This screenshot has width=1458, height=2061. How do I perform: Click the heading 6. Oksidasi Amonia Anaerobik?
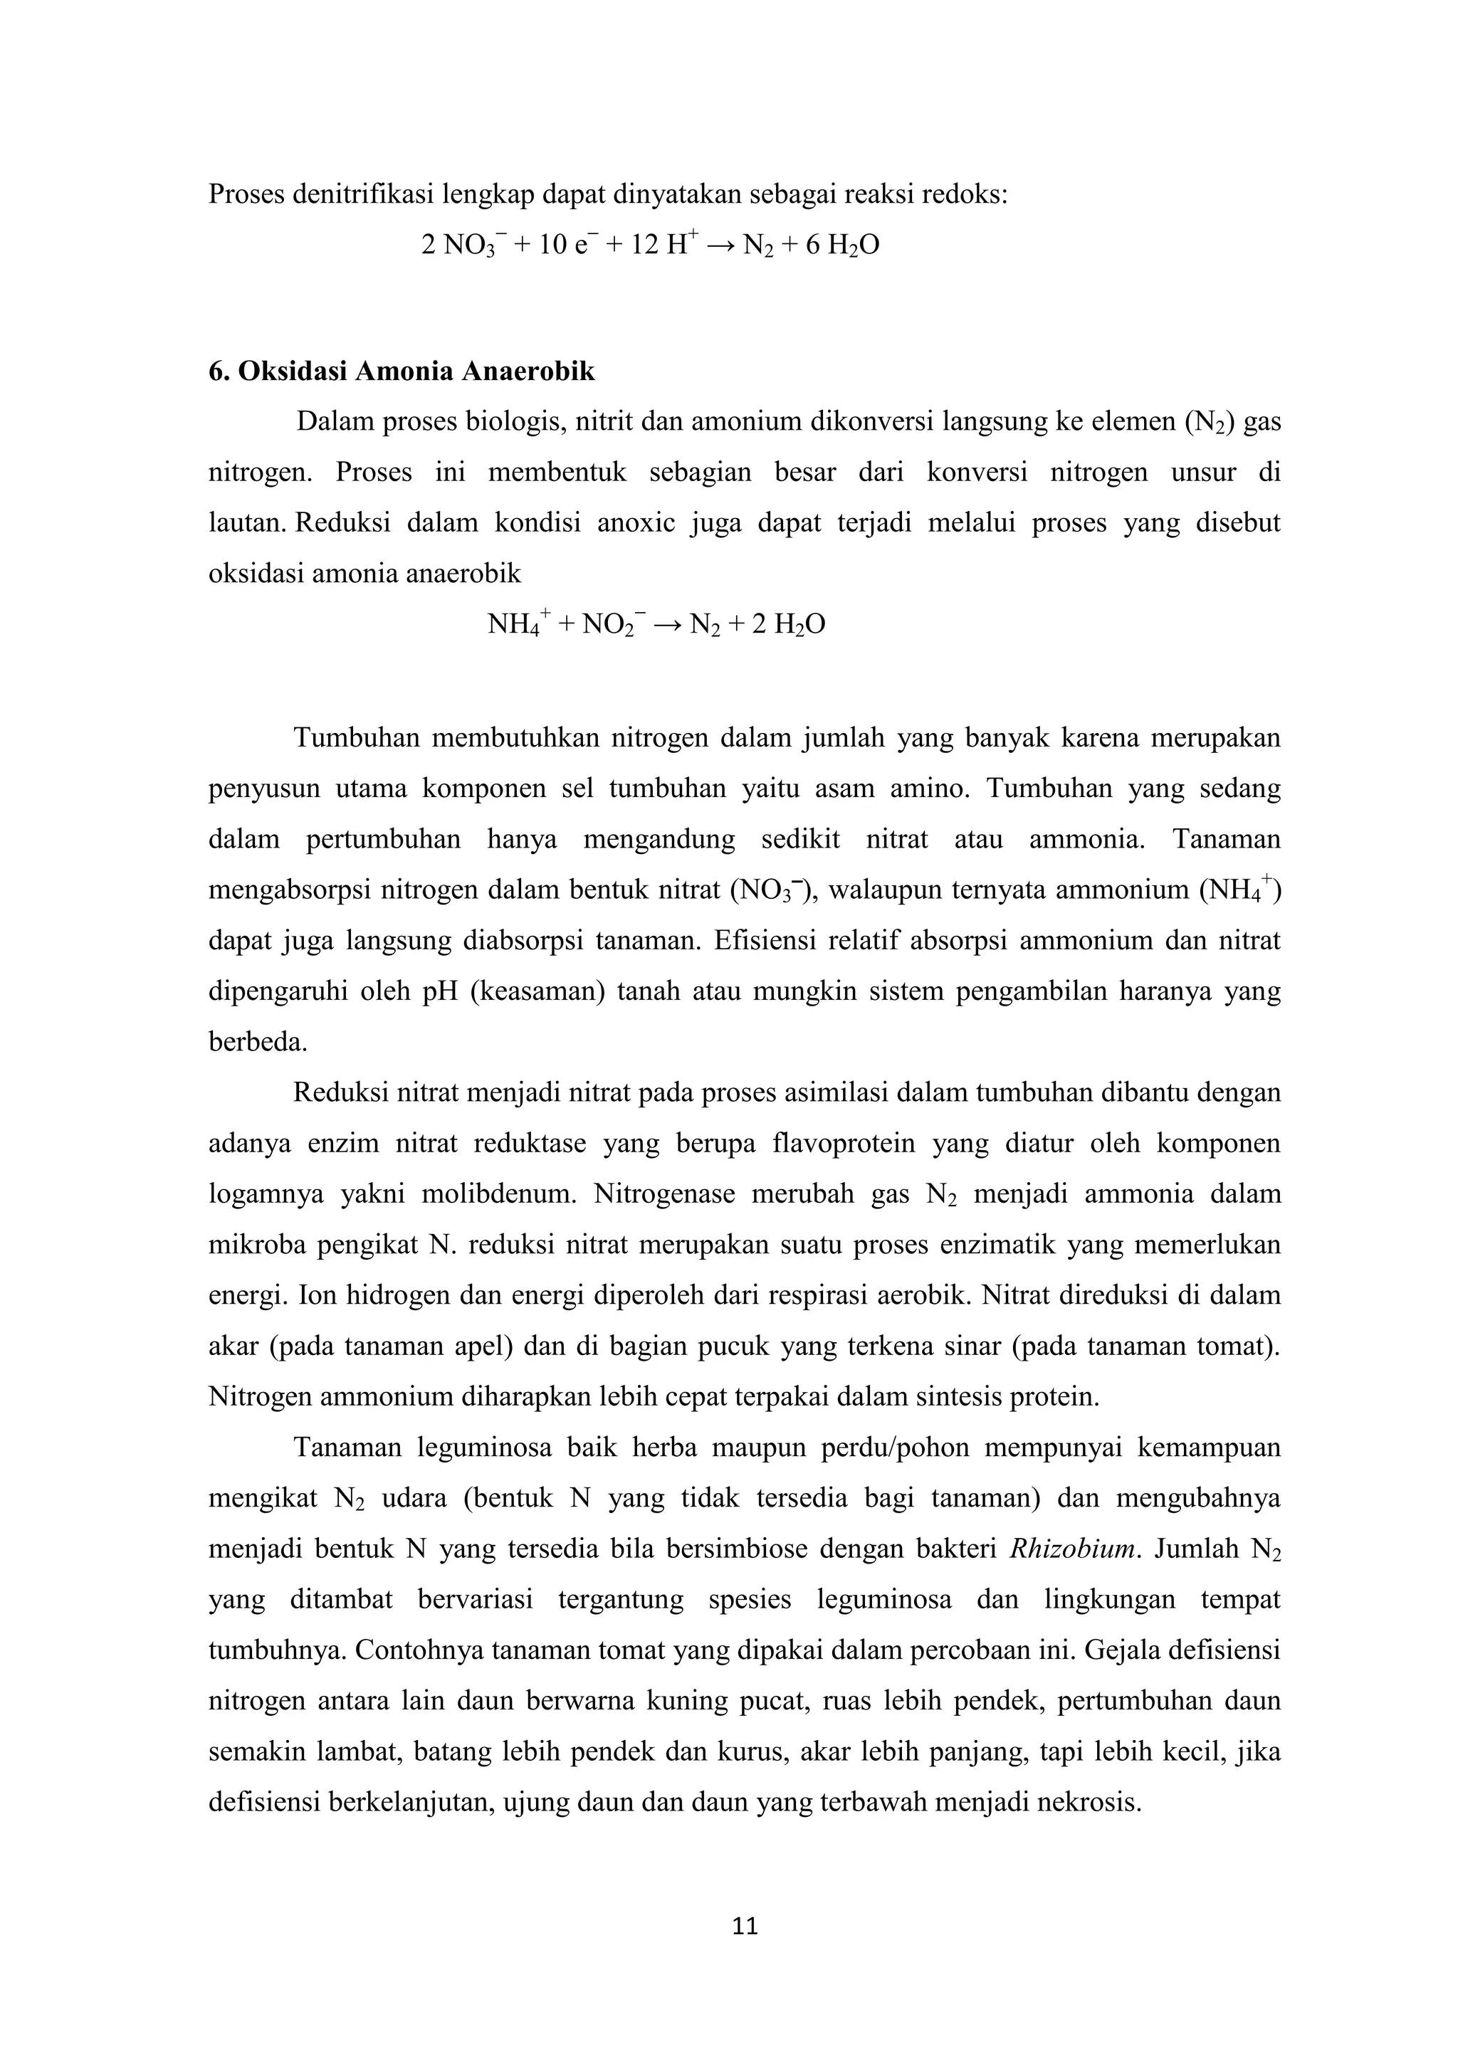pos(402,371)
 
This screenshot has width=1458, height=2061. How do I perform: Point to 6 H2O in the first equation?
pos(842,245)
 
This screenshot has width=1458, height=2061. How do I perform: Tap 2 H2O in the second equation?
pos(788,624)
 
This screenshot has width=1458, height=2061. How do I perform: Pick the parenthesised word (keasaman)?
pos(534,992)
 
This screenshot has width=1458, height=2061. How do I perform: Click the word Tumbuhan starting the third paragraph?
pos(357,739)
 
